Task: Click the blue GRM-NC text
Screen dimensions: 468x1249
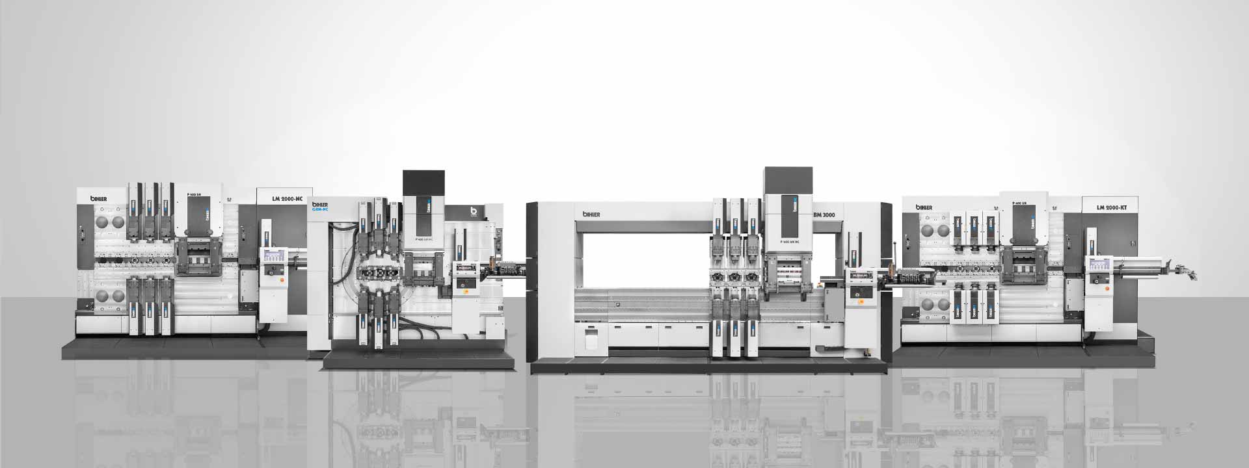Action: [x=320, y=209]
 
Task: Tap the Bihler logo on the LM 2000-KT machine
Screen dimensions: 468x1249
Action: [x=924, y=207]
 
